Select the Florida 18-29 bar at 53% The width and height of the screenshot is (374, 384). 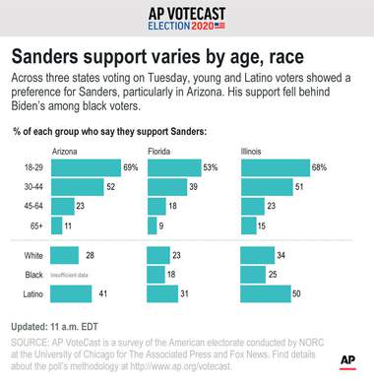click(173, 168)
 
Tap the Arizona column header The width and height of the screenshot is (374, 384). click(65, 152)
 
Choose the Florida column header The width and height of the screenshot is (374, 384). click(160, 152)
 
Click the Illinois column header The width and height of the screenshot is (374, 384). click(254, 152)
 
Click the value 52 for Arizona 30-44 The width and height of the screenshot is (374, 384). click(111, 187)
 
